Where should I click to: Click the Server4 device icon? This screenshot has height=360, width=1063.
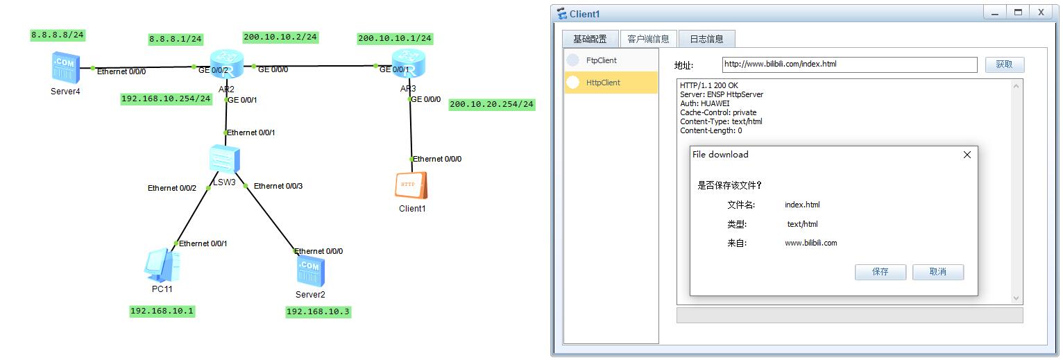coord(65,67)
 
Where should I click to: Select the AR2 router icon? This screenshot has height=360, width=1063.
coord(227,64)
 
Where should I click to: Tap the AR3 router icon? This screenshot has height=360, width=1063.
coord(409,64)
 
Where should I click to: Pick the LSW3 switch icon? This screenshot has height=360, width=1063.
coord(224,160)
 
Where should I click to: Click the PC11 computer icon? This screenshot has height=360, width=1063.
coord(162,265)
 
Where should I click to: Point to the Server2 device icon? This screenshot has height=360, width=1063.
coord(310,271)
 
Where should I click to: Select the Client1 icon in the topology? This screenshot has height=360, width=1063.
coord(411,185)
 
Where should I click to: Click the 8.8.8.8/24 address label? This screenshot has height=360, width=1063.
coord(58,35)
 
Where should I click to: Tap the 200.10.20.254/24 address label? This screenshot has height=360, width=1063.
coord(492,104)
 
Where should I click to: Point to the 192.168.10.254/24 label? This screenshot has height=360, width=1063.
coord(166,98)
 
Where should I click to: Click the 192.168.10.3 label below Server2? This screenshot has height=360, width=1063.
coord(318,311)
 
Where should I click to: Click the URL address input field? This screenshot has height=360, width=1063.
coord(849,65)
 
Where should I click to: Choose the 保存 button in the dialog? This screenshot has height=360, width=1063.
coord(881,272)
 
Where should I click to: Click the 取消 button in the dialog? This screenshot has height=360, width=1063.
coord(937,272)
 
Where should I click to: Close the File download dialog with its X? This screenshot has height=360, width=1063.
coord(967,155)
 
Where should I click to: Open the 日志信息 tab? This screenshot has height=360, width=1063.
coord(706,39)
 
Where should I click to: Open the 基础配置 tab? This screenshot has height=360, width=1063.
coord(590,39)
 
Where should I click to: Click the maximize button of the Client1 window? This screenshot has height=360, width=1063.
coord(1018,12)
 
